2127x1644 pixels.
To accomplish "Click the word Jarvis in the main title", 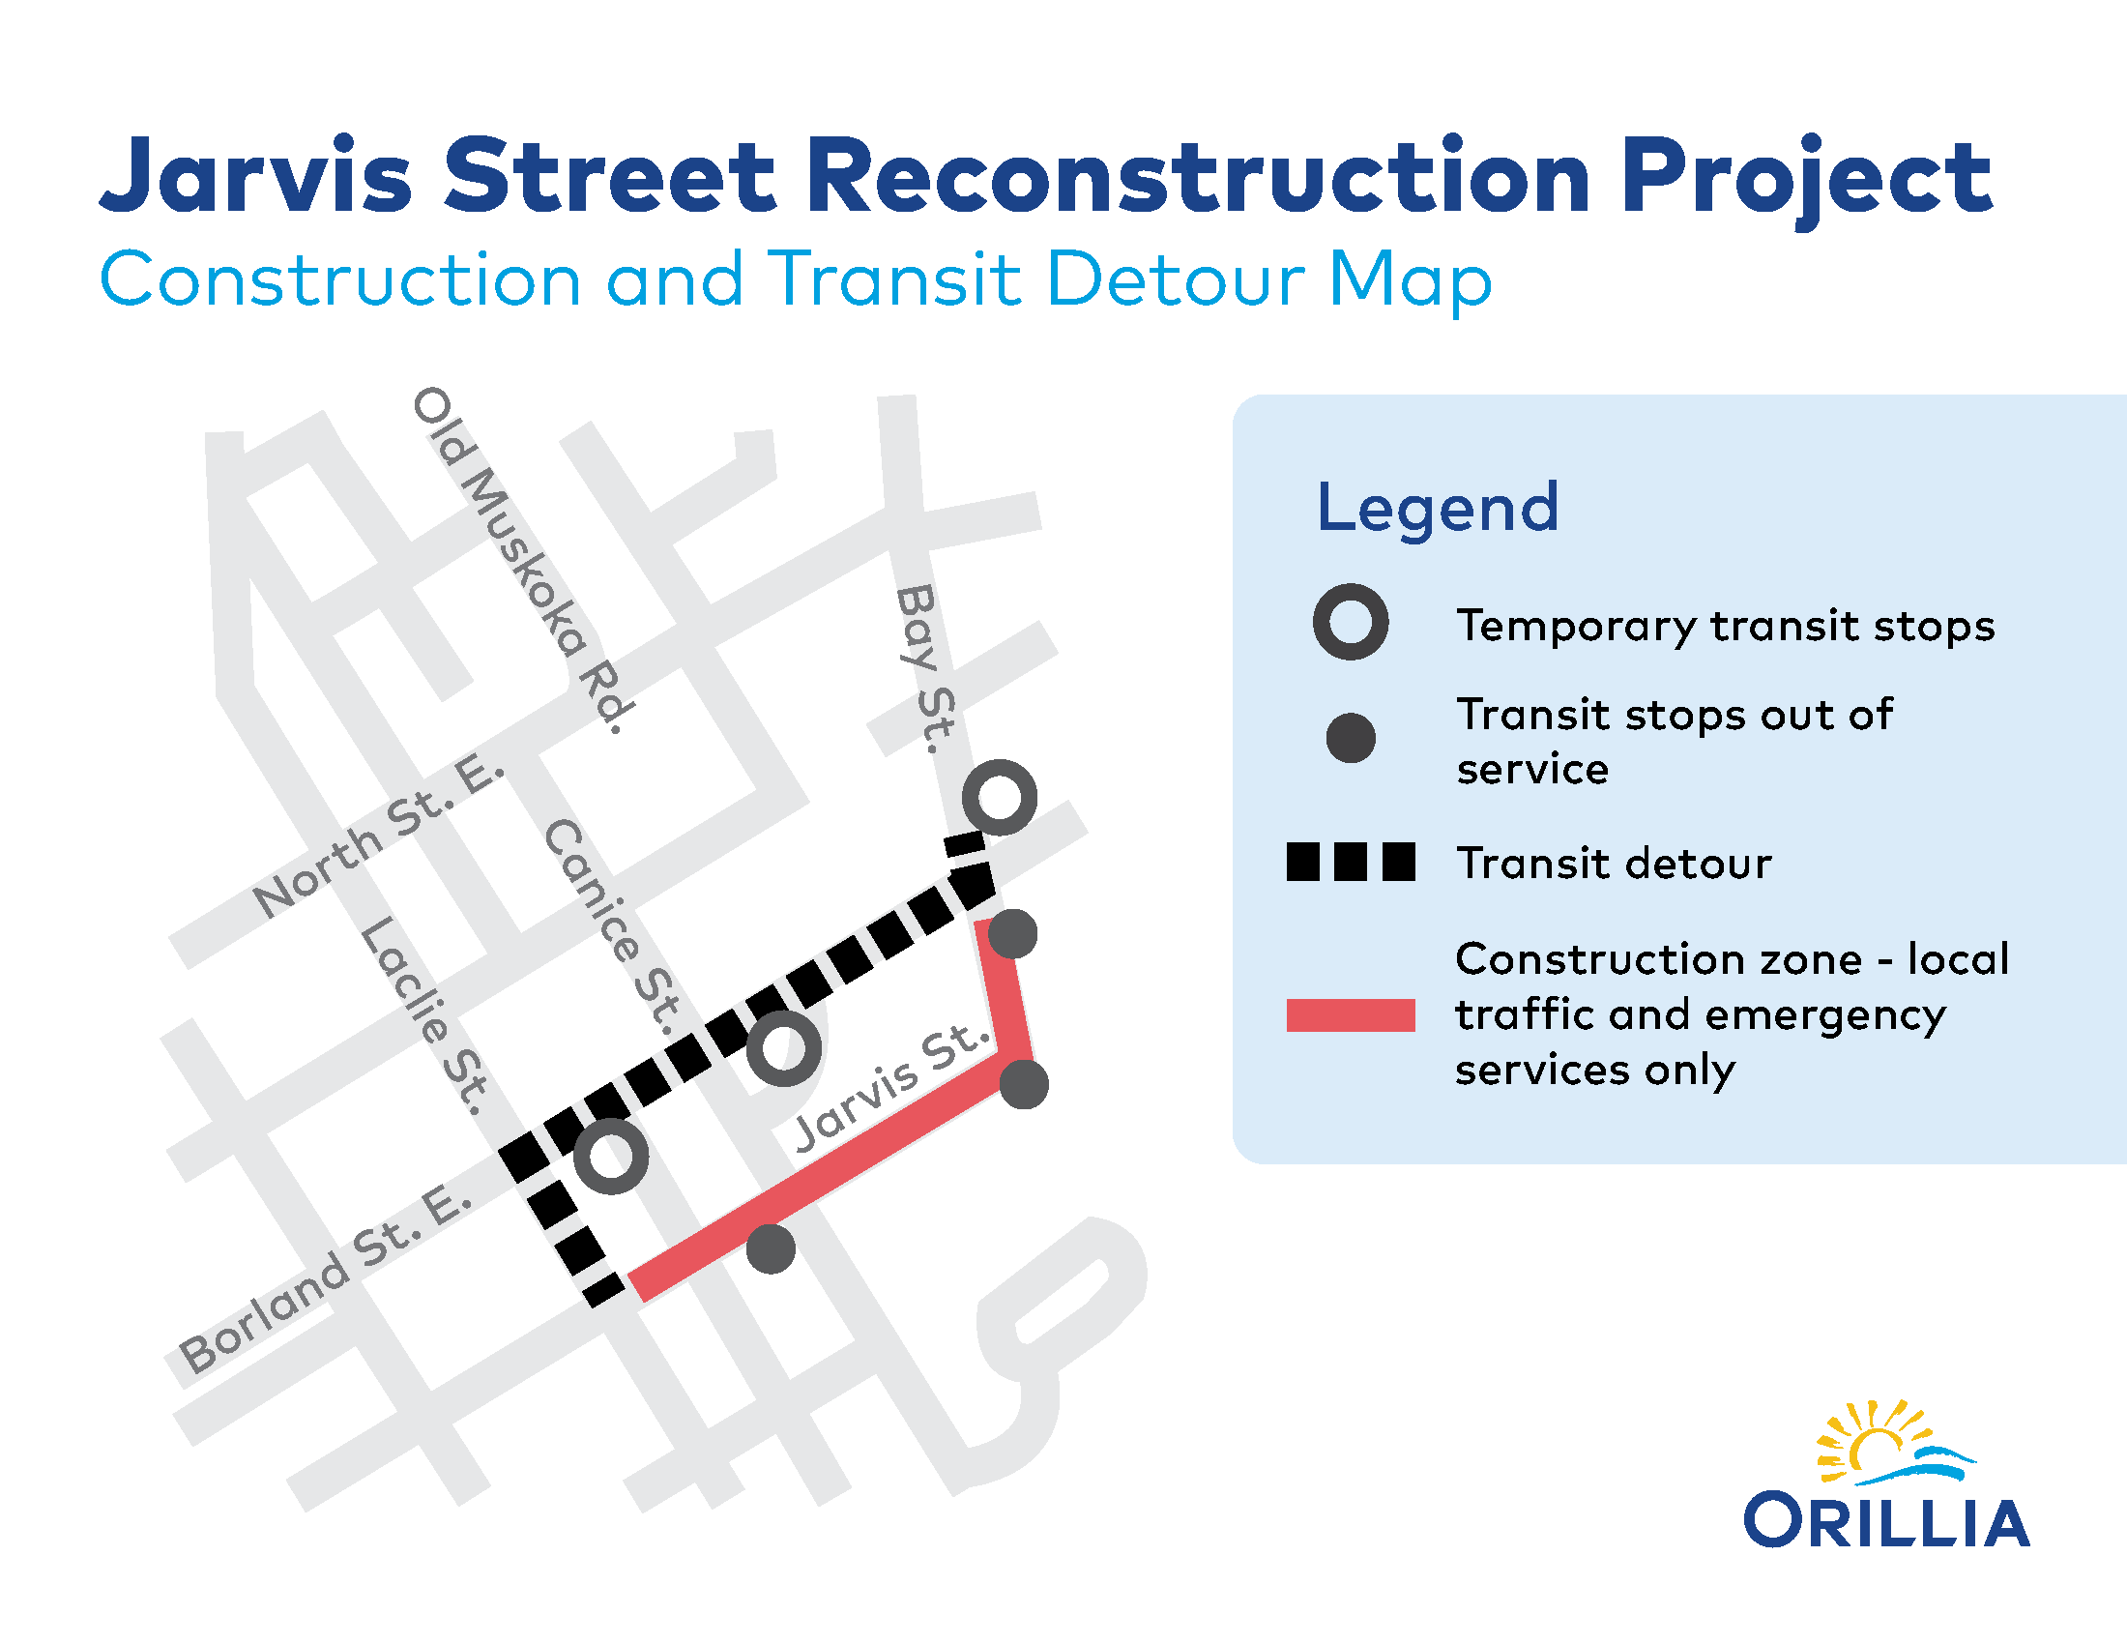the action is click(x=256, y=175).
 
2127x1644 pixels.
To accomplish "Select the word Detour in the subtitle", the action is click(x=1176, y=279).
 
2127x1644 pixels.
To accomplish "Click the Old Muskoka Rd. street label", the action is click(x=524, y=560).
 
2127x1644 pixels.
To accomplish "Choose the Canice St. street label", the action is click(x=613, y=925).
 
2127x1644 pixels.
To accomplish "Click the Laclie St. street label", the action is click(x=424, y=1014).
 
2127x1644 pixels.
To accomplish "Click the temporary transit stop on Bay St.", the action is click(x=1000, y=798).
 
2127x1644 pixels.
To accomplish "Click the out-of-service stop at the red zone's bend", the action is click(x=1025, y=1085).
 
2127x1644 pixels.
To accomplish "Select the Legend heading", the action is click(x=1438, y=509).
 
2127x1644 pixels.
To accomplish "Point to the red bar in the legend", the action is click(x=1351, y=1014).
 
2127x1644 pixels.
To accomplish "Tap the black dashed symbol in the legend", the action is click(x=1351, y=862).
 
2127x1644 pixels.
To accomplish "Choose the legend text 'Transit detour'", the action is click(x=1614, y=864).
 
